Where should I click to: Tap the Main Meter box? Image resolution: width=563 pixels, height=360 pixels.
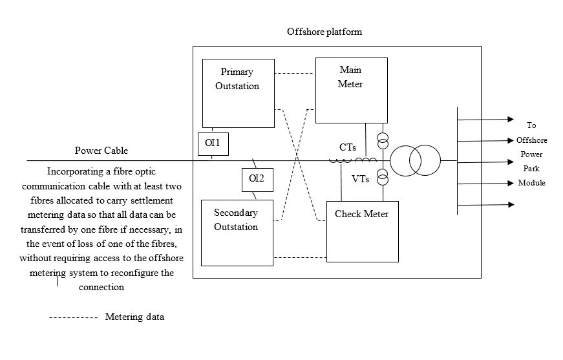pos(351,90)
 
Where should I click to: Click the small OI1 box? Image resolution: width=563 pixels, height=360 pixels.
pos(213,143)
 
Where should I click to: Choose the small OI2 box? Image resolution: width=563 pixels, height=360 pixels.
pos(257,179)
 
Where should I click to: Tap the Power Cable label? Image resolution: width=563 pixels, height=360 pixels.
pos(101,151)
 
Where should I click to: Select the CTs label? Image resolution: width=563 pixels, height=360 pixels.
pos(348,148)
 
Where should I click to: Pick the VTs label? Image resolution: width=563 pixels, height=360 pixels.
pos(361,179)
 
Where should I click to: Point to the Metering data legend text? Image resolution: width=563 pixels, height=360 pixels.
pos(134,317)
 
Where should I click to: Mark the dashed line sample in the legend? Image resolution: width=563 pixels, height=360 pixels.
pos(73,318)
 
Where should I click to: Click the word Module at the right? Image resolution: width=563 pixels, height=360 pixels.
pos(531,183)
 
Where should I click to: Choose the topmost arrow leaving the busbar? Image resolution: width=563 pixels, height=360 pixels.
pos(485,120)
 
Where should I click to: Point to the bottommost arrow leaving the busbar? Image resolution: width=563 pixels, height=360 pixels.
pos(485,205)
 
